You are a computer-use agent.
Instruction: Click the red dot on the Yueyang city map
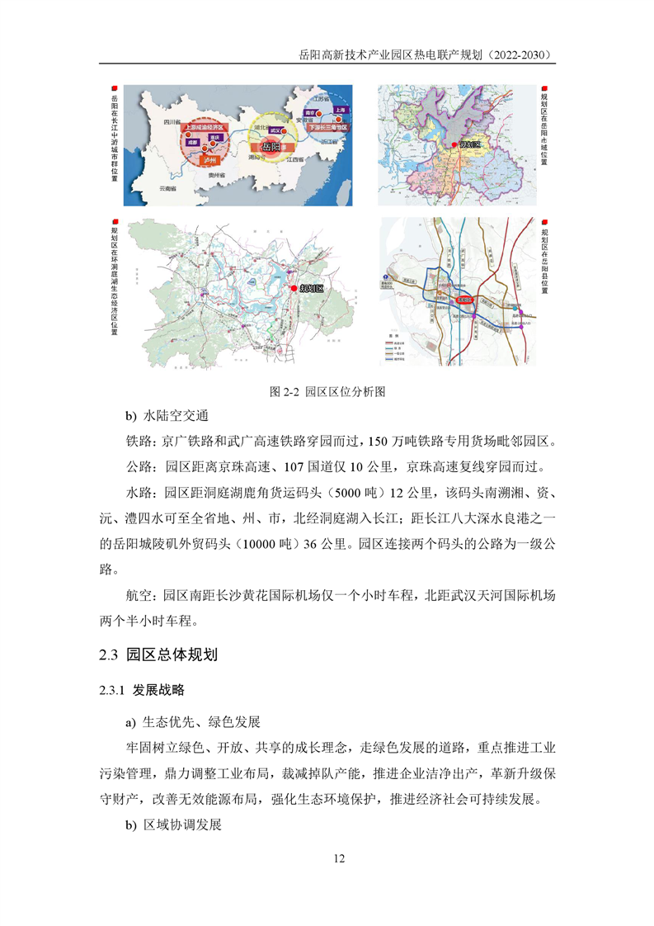click(x=453, y=146)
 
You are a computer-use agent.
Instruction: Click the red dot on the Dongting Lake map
click(x=294, y=287)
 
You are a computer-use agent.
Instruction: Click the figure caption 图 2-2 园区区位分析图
click(x=328, y=391)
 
